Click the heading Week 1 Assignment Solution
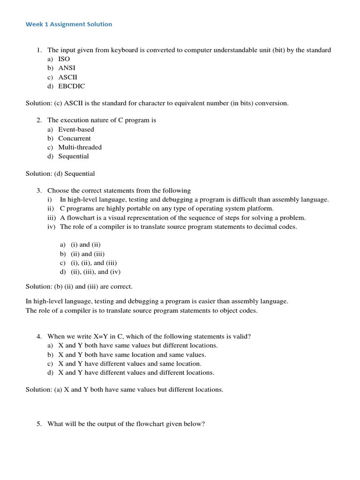(69, 24)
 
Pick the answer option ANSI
(67, 68)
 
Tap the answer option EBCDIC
(71, 86)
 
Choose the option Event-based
(76, 129)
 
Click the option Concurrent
(75, 138)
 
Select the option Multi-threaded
(80, 147)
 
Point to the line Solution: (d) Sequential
(60, 173)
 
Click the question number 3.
(39, 191)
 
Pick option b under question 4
(132, 355)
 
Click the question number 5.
(39, 424)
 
